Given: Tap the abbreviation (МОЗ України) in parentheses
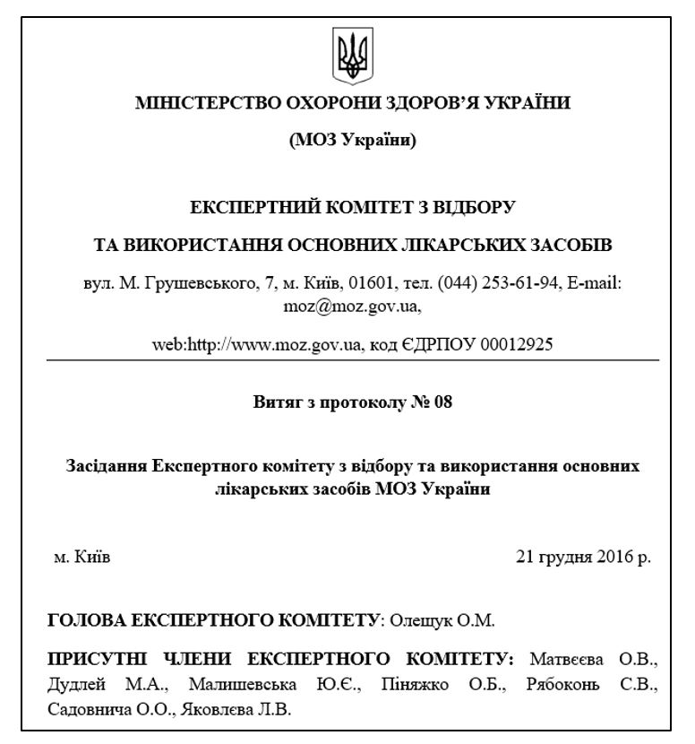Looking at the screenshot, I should tap(352, 141).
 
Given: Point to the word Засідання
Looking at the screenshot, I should tap(107, 467).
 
